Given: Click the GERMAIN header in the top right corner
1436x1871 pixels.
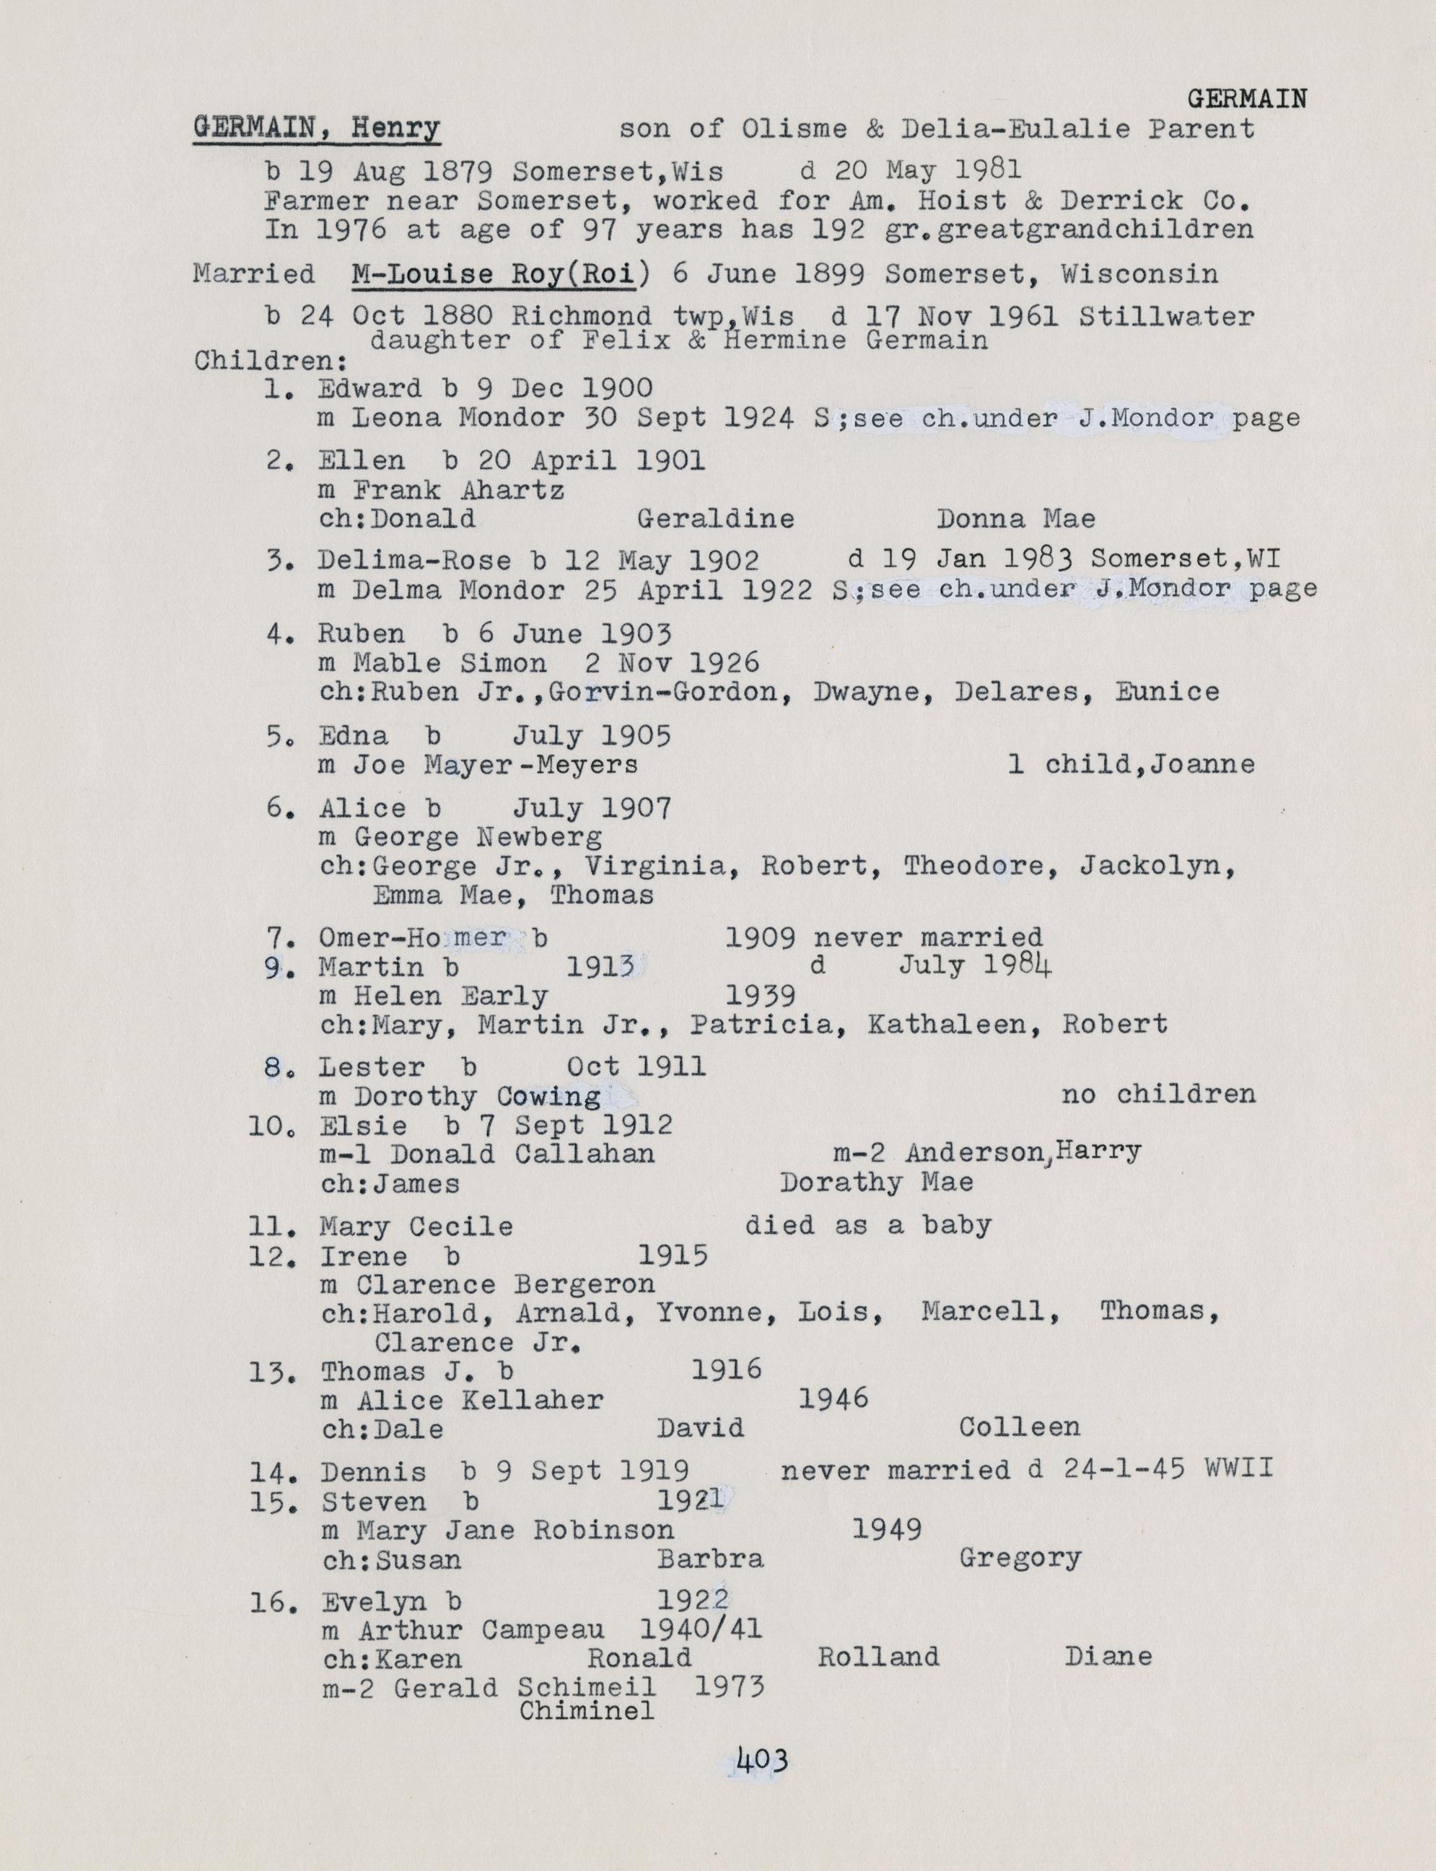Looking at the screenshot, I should tap(1247, 100).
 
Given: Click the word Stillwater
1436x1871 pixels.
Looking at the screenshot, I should tap(1167, 316).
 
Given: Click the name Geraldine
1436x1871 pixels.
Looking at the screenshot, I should tap(715, 519).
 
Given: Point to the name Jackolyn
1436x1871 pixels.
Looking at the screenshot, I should tap(1157, 866).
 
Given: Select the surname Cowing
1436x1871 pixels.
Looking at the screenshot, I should tap(548, 1096).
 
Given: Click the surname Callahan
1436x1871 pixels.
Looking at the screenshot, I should tap(585, 1154).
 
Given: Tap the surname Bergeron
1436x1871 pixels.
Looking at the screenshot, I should tap(585, 1284).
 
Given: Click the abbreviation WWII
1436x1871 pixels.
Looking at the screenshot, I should tap(1238, 1468).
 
